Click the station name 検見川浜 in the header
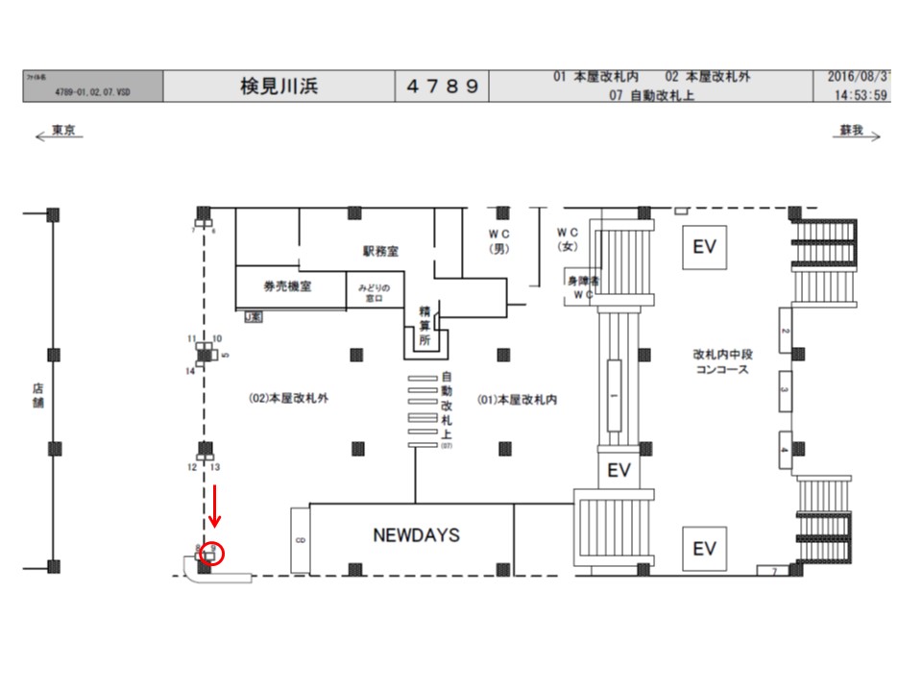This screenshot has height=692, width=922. click(x=279, y=86)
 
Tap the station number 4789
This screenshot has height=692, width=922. click(x=442, y=86)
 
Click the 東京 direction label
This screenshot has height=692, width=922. click(x=62, y=130)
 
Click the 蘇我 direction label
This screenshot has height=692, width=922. click(x=851, y=130)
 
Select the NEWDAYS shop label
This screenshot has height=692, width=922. click(x=416, y=535)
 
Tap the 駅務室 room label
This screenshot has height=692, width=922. click(x=380, y=251)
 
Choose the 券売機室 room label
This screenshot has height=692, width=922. click(x=287, y=285)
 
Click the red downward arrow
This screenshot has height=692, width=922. click(x=215, y=506)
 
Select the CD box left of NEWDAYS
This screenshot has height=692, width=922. click(x=300, y=540)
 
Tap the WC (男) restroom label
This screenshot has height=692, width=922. click(x=497, y=240)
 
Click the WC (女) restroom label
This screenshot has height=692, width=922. click(x=567, y=240)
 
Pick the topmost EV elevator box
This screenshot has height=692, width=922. click(x=704, y=247)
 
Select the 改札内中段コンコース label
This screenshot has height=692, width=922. click(x=722, y=361)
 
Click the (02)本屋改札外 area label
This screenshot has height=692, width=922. click(x=288, y=397)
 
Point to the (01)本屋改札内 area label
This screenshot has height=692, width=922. click(x=517, y=397)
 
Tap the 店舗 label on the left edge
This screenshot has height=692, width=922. click(x=38, y=396)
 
